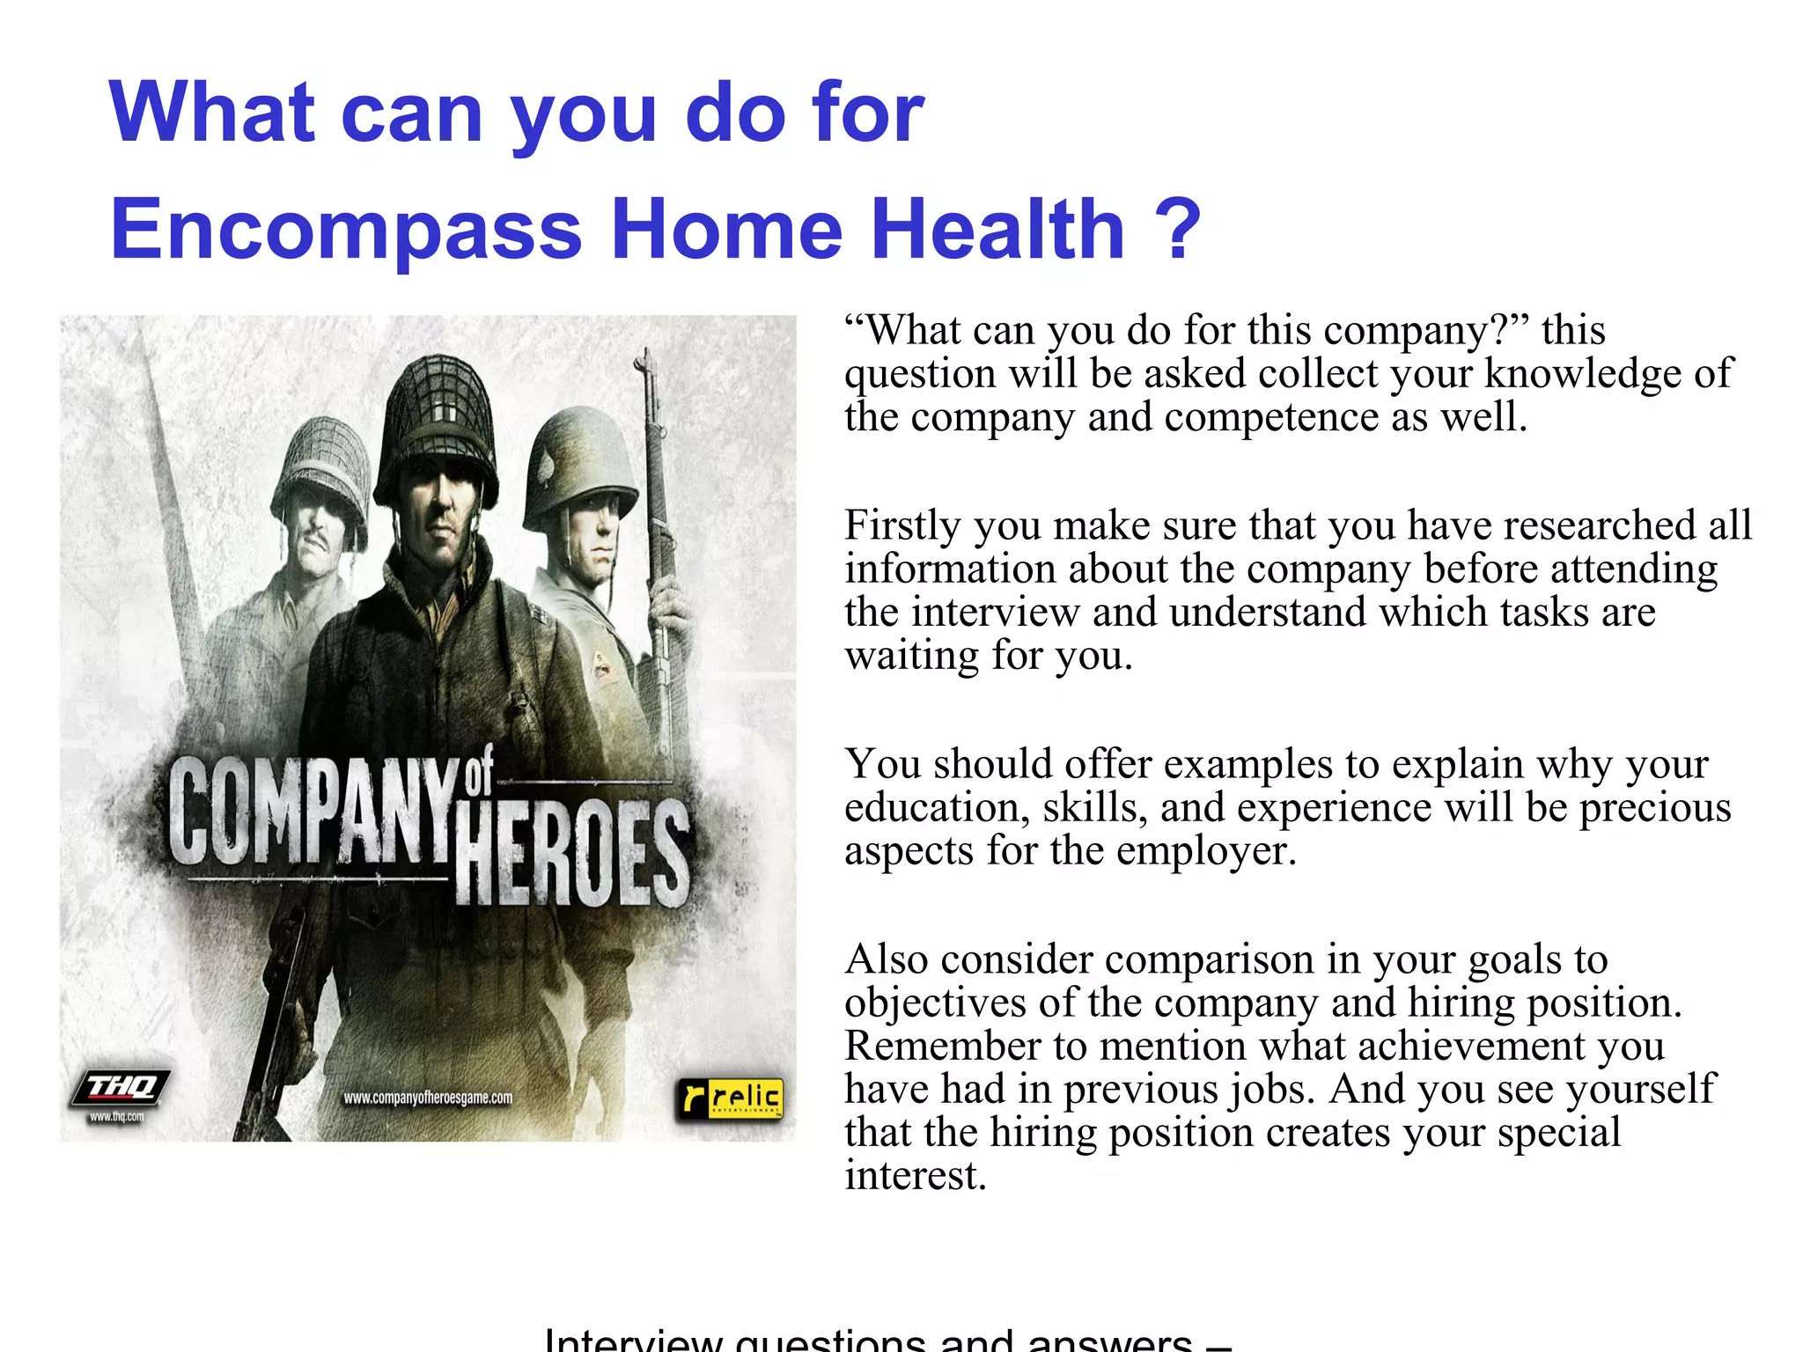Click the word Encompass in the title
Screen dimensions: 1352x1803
pyautogui.click(x=346, y=230)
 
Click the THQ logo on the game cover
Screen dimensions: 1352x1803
pyautogui.click(x=121, y=1087)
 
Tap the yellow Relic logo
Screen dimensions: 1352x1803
pyautogui.click(x=730, y=1098)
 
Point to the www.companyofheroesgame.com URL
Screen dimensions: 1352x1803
pyautogui.click(x=428, y=1098)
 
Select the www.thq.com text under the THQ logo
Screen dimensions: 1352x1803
pyautogui.click(x=116, y=1117)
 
